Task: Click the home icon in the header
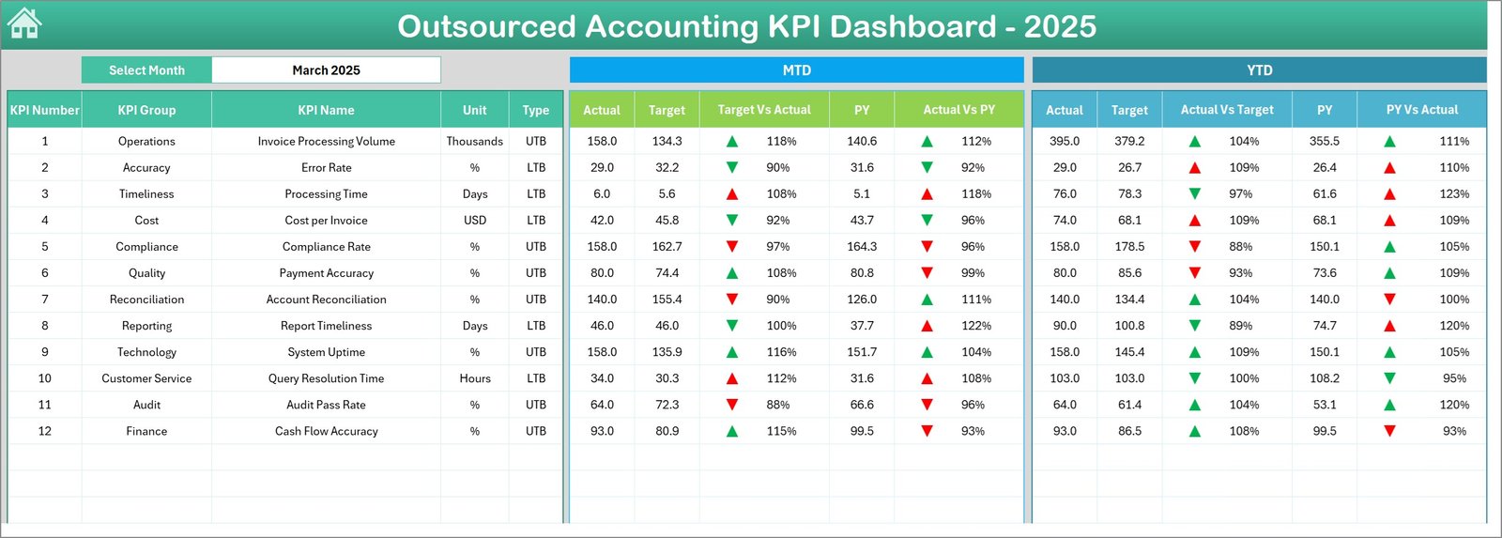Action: pyautogui.click(x=24, y=23)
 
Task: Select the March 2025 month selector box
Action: pyautogui.click(x=326, y=70)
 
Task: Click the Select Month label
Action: pyautogui.click(x=146, y=70)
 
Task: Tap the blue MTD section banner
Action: pyautogui.click(x=796, y=70)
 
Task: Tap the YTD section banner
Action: pyautogui.click(x=1259, y=70)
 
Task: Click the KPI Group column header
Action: pyautogui.click(x=146, y=110)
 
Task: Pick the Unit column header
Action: pyautogui.click(x=474, y=110)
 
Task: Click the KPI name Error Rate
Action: pyautogui.click(x=326, y=168)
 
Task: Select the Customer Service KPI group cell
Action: pyautogui.click(x=146, y=378)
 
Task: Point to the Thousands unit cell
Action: pyautogui.click(x=474, y=142)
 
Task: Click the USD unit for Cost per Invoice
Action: pyautogui.click(x=474, y=221)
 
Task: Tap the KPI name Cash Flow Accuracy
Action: pyautogui.click(x=326, y=432)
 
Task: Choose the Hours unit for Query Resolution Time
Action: pyautogui.click(x=474, y=378)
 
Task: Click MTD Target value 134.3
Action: pyautogui.click(x=667, y=142)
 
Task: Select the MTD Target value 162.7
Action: pyautogui.click(x=667, y=247)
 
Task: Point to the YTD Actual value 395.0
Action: pyautogui.click(x=1064, y=142)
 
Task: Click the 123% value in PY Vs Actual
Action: pyautogui.click(x=1453, y=194)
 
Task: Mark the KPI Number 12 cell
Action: pyautogui.click(x=44, y=432)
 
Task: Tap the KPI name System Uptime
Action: pyautogui.click(x=326, y=352)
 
